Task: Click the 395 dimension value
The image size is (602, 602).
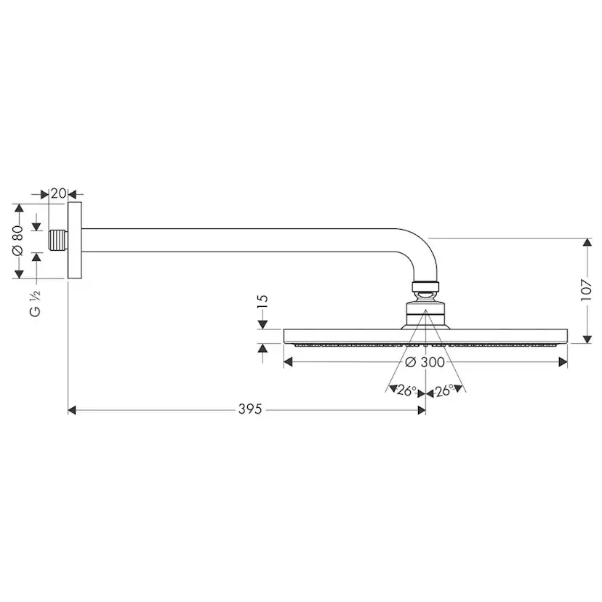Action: (x=250, y=409)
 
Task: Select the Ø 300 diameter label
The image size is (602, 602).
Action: (x=425, y=362)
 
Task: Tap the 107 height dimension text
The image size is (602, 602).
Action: (x=586, y=290)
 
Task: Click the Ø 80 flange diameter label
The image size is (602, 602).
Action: (x=18, y=241)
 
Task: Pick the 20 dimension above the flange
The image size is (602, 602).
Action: (x=59, y=193)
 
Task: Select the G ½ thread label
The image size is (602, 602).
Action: (x=35, y=303)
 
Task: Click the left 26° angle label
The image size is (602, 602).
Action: (x=406, y=390)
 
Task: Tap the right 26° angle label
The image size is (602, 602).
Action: (x=444, y=390)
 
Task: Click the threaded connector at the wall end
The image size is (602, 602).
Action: (x=58, y=241)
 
